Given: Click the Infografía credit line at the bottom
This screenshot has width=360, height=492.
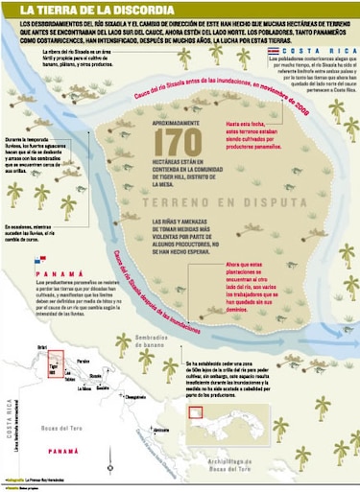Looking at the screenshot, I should pyautogui.click(x=43, y=480).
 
